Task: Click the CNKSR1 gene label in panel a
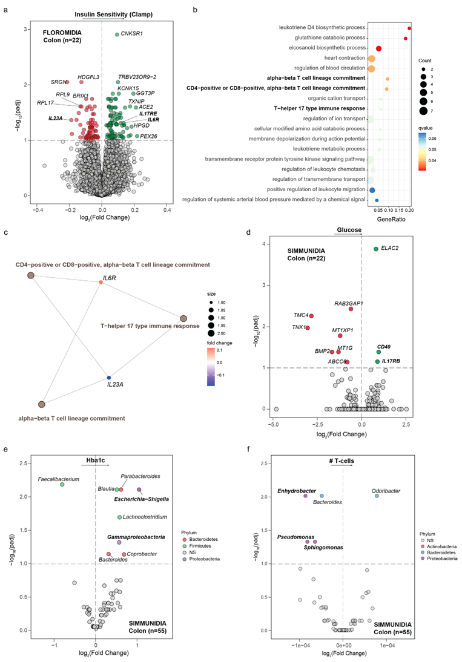coord(133,34)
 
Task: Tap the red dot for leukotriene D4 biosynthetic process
coord(410,28)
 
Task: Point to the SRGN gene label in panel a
coord(58,82)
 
